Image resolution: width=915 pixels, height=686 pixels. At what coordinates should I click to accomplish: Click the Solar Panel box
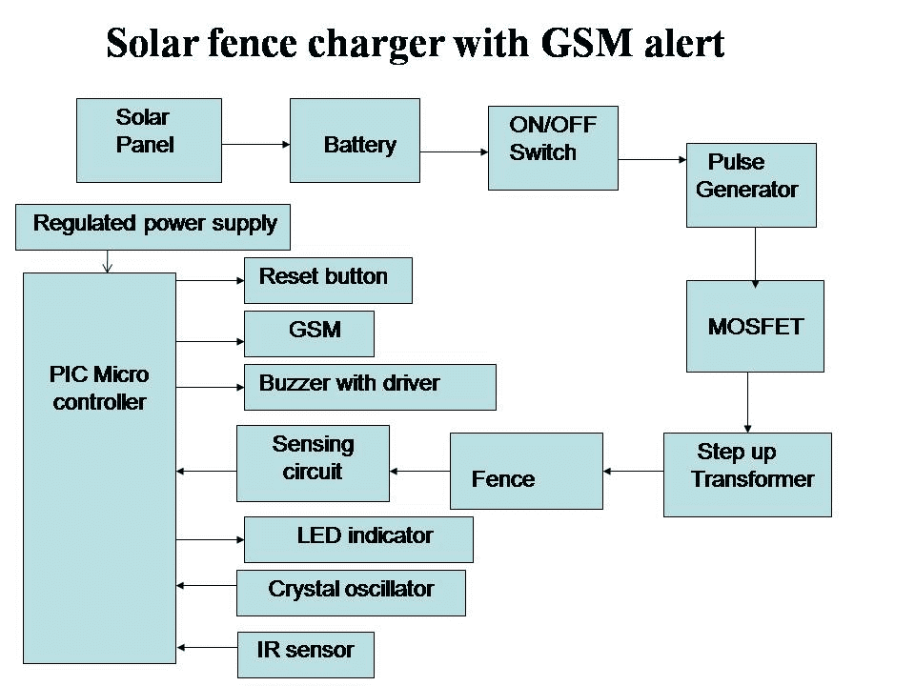pyautogui.click(x=149, y=140)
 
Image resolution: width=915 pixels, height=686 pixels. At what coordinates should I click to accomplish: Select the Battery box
pyautogui.click(x=355, y=140)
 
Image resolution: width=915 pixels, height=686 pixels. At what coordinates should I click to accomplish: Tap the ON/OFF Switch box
pyautogui.click(x=553, y=148)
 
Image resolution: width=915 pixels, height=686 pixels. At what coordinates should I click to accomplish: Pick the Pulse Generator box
pyautogui.click(x=751, y=185)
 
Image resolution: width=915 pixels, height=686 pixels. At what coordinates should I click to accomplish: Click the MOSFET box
pyautogui.click(x=755, y=326)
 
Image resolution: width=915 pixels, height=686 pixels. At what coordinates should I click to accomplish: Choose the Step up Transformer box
pyautogui.click(x=747, y=474)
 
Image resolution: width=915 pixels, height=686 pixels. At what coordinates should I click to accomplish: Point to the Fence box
pyautogui.click(x=526, y=471)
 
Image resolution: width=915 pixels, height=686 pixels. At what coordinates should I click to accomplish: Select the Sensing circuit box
pyautogui.click(x=313, y=463)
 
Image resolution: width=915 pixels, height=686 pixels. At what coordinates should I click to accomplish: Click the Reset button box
pyautogui.click(x=328, y=280)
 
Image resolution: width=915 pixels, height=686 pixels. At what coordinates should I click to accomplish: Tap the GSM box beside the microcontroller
pyautogui.click(x=309, y=333)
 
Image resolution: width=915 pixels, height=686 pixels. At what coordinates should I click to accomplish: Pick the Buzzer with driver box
pyautogui.click(x=370, y=386)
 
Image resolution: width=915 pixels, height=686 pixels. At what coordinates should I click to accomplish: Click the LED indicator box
pyautogui.click(x=358, y=539)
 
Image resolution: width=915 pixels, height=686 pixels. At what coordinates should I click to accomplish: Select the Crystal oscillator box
pyautogui.click(x=351, y=593)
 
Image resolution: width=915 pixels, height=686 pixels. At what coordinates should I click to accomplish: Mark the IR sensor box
pyautogui.click(x=305, y=655)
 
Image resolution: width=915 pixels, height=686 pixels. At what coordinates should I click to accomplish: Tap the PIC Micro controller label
pyautogui.click(x=100, y=388)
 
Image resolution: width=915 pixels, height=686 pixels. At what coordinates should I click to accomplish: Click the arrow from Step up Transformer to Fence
pyautogui.click(x=633, y=471)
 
